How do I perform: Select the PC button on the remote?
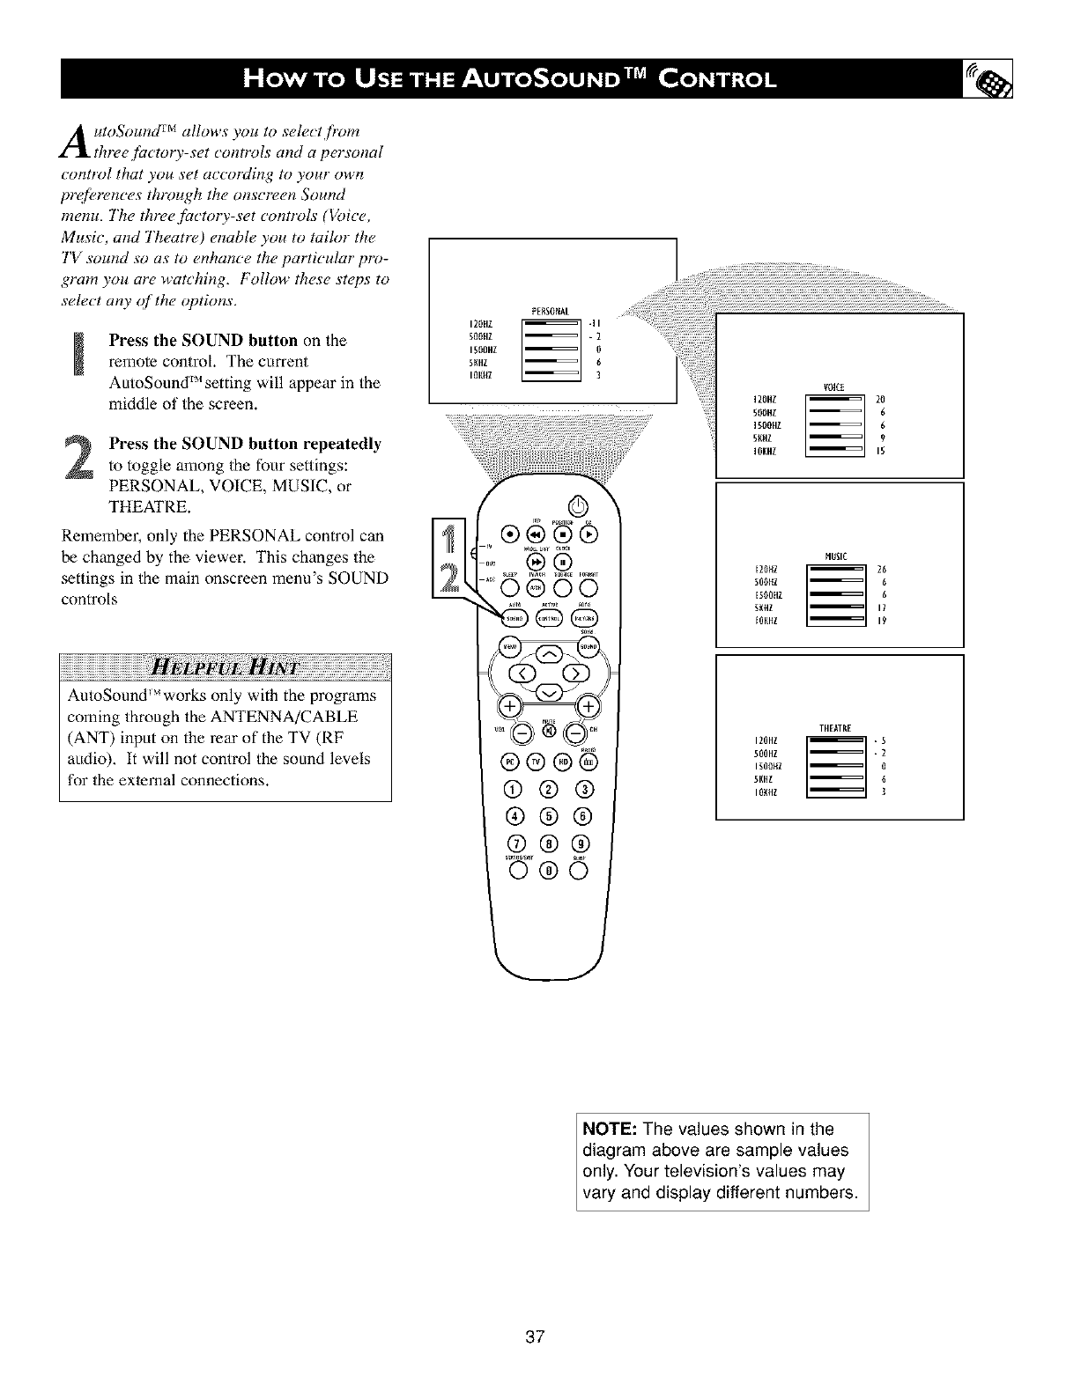[509, 761]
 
